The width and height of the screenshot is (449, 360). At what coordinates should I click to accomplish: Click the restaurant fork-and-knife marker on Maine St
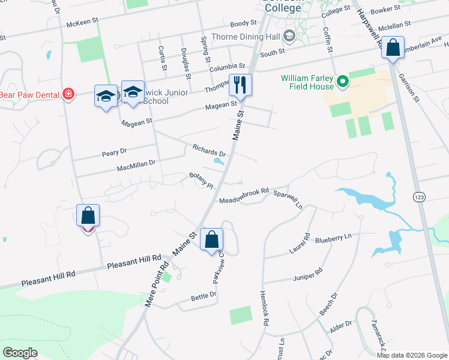point(241,85)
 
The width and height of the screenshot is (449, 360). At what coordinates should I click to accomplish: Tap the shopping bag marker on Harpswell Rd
point(393,49)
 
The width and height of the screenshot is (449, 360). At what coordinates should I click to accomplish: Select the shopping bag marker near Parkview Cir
point(211,241)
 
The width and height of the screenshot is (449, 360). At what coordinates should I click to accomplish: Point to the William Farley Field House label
point(307,82)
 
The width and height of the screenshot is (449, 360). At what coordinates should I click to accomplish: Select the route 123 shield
point(419,196)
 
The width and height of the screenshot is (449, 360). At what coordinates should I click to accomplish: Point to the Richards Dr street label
point(209,150)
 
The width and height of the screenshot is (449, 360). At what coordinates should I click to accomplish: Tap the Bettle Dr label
point(203,296)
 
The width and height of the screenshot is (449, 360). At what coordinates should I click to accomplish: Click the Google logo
point(20,352)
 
